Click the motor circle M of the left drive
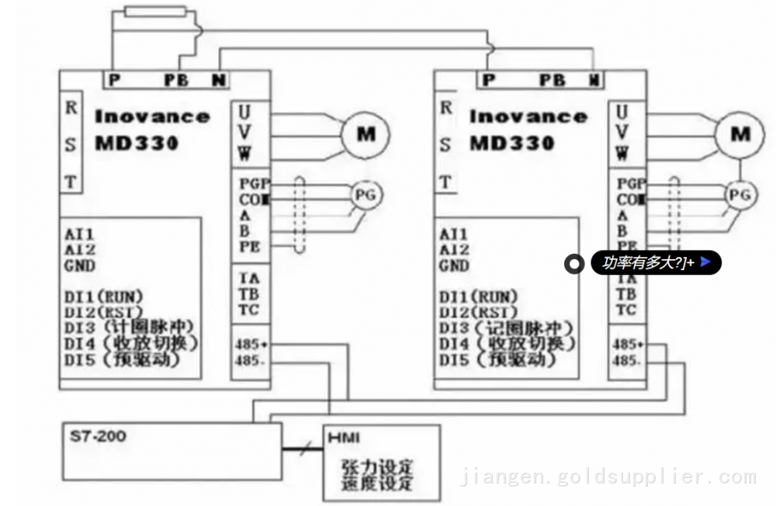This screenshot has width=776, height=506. click(365, 134)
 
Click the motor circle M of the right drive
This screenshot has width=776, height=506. click(740, 134)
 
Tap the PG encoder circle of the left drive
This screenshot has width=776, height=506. click(365, 195)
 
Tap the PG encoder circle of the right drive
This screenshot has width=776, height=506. click(741, 195)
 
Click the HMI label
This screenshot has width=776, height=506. click(344, 438)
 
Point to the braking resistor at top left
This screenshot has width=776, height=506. click(154, 12)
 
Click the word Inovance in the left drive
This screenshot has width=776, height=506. click(152, 117)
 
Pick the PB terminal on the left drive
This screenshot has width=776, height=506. click(176, 79)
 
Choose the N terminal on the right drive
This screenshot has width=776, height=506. click(594, 79)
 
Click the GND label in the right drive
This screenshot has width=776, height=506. click(454, 266)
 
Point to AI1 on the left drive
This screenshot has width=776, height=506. click(80, 234)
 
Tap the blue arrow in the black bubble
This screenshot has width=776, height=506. click(705, 262)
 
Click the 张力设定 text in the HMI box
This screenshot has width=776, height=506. click(377, 467)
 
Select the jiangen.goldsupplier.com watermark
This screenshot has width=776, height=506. click(608, 477)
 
